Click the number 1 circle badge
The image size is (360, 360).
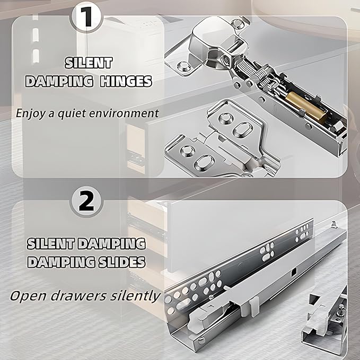86,17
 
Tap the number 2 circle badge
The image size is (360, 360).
86,201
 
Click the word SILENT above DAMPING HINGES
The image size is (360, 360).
89,63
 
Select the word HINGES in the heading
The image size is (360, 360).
126,81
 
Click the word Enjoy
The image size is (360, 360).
31,113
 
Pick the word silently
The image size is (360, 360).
135,296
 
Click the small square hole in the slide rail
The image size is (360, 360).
294,273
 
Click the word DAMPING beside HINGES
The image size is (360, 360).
59,81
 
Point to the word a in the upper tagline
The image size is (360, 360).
51,114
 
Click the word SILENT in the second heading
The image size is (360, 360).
51,244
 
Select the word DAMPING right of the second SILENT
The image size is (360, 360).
111,244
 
